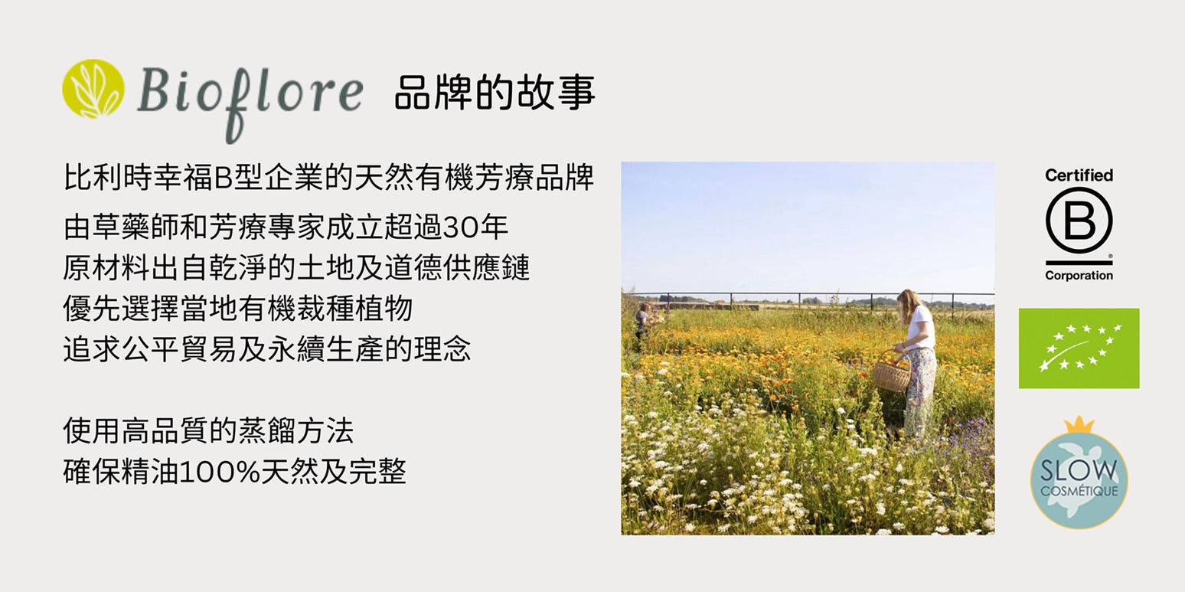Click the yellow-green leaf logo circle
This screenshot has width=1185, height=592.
click(x=93, y=89)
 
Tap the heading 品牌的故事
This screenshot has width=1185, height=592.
click(x=495, y=93)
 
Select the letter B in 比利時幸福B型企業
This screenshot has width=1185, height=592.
click(x=222, y=178)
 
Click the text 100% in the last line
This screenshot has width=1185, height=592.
click(x=220, y=472)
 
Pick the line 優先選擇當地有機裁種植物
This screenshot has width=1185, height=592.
click(x=237, y=309)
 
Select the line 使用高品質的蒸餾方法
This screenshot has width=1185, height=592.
click(x=208, y=430)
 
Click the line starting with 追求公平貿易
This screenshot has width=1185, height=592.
click(x=266, y=349)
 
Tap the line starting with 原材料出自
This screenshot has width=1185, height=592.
click(x=296, y=267)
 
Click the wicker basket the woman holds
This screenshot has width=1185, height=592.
click(x=891, y=372)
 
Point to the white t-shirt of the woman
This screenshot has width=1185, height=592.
click(x=920, y=328)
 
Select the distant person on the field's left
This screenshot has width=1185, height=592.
click(x=644, y=319)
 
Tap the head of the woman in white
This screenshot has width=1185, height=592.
click(x=908, y=300)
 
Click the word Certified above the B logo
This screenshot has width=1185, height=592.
click(x=1079, y=175)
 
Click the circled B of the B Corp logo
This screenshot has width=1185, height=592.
click(x=1079, y=221)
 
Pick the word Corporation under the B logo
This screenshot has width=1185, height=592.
click(x=1079, y=276)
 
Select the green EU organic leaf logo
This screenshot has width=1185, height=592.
click(x=1079, y=348)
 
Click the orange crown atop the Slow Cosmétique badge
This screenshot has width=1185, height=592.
click(x=1079, y=425)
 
